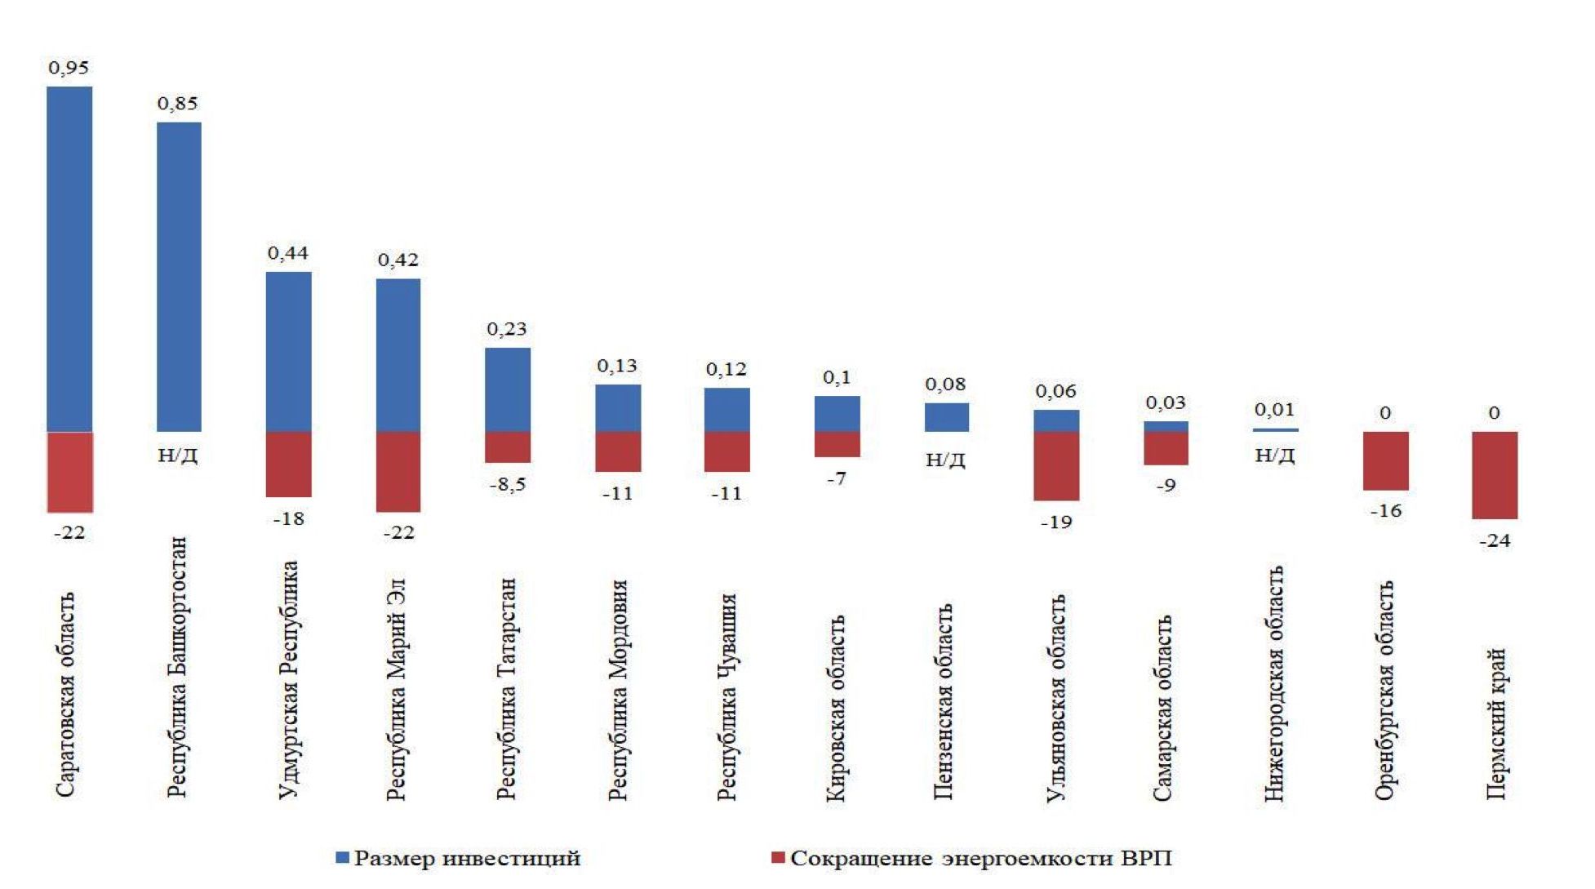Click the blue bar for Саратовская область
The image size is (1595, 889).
(x=69, y=259)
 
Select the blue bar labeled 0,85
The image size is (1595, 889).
(x=179, y=277)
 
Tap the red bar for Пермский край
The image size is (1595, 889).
(x=1495, y=475)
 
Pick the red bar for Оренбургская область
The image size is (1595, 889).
(x=1385, y=460)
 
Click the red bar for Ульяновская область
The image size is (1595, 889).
(x=1056, y=465)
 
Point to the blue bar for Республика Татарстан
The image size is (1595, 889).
(x=508, y=389)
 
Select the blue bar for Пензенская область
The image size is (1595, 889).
(x=946, y=417)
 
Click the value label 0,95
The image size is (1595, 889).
(x=69, y=68)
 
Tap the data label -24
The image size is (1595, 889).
(x=1495, y=540)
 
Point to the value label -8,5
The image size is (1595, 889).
(x=508, y=485)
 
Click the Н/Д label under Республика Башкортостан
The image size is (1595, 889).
(x=178, y=456)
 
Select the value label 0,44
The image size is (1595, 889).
(x=288, y=253)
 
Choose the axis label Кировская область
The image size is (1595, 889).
(x=836, y=708)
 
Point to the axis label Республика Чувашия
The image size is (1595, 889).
(x=726, y=696)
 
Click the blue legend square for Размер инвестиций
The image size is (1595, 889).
(x=343, y=858)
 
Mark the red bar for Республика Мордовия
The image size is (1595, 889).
(x=618, y=451)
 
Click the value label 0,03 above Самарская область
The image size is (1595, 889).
(x=1166, y=402)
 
